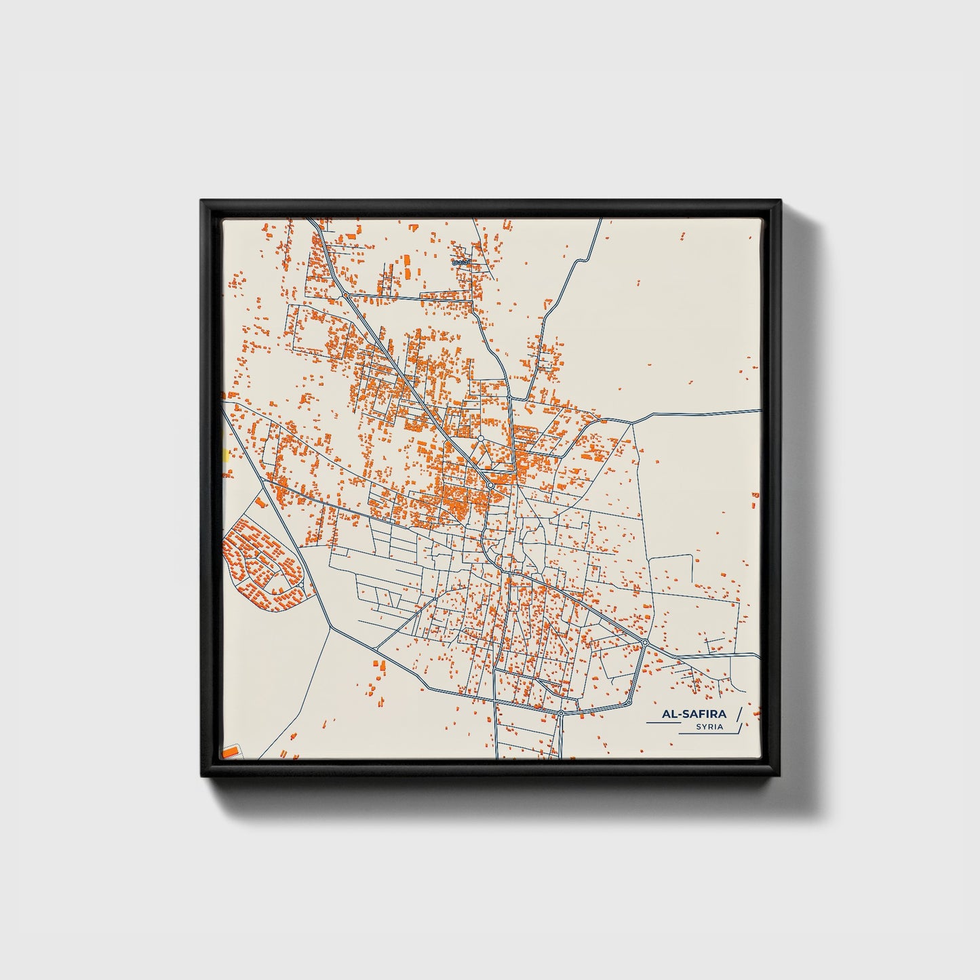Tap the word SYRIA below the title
point(709,727)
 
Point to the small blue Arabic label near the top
point(461,260)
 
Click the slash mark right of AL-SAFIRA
point(739,713)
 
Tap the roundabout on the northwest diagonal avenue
point(345,296)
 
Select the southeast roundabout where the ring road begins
point(645,642)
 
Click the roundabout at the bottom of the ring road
point(562,713)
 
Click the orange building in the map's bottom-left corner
point(231,751)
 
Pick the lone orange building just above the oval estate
point(259,503)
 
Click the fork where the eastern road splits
point(632,423)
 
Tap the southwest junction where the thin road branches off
point(329,628)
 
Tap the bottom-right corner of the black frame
point(780,777)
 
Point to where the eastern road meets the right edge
point(759,410)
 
